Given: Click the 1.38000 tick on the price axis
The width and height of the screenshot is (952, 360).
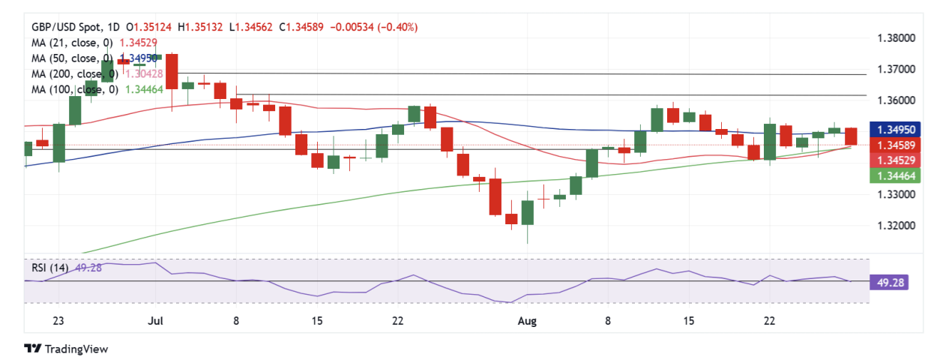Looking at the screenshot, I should click(x=895, y=37).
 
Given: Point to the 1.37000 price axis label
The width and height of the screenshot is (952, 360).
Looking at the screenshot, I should click(x=895, y=69).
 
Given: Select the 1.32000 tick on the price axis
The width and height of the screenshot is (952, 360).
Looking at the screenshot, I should click(x=895, y=225).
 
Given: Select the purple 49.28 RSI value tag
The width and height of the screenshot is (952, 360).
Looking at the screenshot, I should click(x=885, y=283).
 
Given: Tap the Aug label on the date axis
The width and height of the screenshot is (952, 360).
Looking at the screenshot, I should click(x=528, y=321).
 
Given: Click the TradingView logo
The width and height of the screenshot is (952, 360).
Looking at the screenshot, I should click(x=66, y=349).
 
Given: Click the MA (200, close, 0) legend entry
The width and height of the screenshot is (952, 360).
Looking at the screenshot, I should click(x=74, y=73).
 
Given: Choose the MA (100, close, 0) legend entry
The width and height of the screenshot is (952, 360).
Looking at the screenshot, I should click(x=74, y=89).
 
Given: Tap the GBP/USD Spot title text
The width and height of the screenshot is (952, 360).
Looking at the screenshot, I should click(x=63, y=27).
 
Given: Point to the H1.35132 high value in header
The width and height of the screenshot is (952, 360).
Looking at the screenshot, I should click(x=204, y=27).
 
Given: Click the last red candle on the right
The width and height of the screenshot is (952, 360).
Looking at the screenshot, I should click(x=851, y=136).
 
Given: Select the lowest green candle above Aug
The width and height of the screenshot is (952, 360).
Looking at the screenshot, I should click(x=528, y=212).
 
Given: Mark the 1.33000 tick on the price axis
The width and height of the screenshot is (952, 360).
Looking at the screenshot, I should click(x=895, y=194).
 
